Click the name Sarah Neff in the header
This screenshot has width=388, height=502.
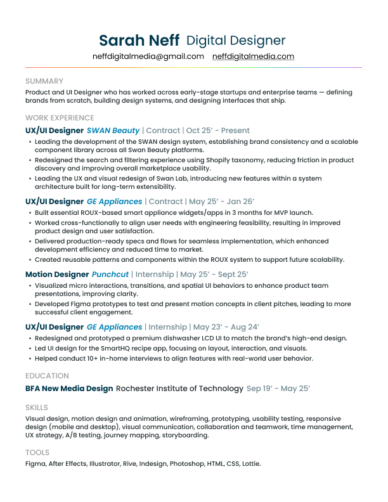pos(139,41)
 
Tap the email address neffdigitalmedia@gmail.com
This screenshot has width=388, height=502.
pos(148,56)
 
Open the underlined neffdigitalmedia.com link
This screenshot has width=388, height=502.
pos(254,56)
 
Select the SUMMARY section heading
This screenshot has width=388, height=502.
pos(44,81)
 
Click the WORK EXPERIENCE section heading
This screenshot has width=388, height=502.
pos(60,118)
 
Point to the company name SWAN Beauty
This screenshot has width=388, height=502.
pos(113,131)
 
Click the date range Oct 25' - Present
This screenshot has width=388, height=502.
pos(218,131)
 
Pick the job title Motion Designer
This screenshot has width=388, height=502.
pos(57,274)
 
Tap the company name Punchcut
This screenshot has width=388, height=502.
pos(110,274)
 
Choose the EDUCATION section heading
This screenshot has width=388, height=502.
pos(47,376)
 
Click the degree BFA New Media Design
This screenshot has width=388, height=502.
pos(69,389)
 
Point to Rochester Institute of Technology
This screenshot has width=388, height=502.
pos(179,389)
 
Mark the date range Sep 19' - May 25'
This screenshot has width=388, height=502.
pos(278,389)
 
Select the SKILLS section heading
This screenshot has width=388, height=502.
pos(37,408)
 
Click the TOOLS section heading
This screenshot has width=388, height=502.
pos(37,453)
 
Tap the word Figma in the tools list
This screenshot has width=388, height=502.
pos(36,464)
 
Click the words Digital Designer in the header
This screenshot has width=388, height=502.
pos(236,41)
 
